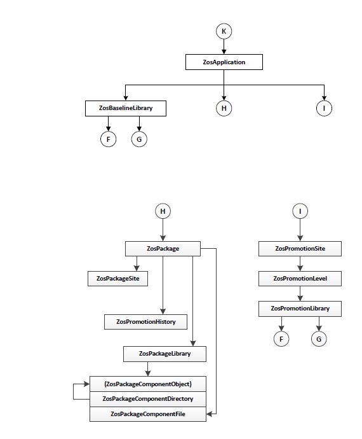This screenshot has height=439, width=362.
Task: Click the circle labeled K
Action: (x=224, y=31)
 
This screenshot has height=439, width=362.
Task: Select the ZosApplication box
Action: (x=224, y=62)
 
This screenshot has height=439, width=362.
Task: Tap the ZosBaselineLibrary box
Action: (x=126, y=108)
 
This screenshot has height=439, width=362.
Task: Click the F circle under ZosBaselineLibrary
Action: (x=108, y=139)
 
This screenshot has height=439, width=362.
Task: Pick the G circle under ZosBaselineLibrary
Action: (x=139, y=139)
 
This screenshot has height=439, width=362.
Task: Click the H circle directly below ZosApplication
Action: (x=224, y=108)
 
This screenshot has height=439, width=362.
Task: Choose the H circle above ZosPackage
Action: (x=163, y=211)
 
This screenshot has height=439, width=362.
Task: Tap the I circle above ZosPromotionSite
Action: (x=300, y=211)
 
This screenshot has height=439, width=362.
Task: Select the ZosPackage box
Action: (x=163, y=249)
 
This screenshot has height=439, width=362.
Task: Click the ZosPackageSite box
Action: (x=117, y=279)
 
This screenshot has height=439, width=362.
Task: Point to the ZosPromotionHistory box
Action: (x=145, y=322)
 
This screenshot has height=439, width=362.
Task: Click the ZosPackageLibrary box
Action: (x=164, y=354)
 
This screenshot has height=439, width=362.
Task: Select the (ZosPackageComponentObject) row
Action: (x=148, y=384)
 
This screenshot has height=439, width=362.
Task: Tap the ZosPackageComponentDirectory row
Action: (x=148, y=399)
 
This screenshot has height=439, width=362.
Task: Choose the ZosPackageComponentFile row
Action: (x=148, y=414)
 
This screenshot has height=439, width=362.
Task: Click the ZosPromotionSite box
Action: (x=300, y=249)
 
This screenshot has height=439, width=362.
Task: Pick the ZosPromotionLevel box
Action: (x=300, y=279)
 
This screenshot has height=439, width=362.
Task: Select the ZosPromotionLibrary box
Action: (x=300, y=309)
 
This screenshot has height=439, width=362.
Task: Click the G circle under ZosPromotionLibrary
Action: (x=319, y=339)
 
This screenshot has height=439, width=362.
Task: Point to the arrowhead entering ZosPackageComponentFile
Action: (x=210, y=414)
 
